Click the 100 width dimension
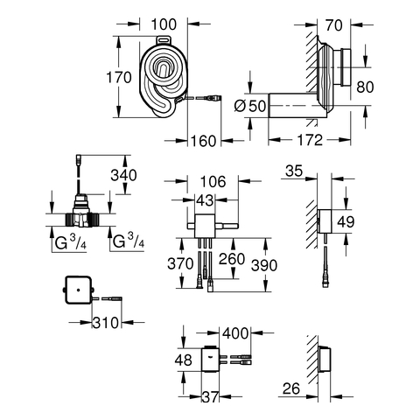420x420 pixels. tap(164, 24)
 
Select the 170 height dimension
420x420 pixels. tap(119, 78)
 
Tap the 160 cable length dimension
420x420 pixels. tap(203, 141)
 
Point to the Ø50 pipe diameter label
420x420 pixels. tap(250, 106)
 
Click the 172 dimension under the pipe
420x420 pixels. tap(310, 140)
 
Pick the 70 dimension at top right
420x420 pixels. tap(334, 25)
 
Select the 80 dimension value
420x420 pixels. tap(365, 87)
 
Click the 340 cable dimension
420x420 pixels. tap(123, 175)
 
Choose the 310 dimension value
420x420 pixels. tap(106, 323)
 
